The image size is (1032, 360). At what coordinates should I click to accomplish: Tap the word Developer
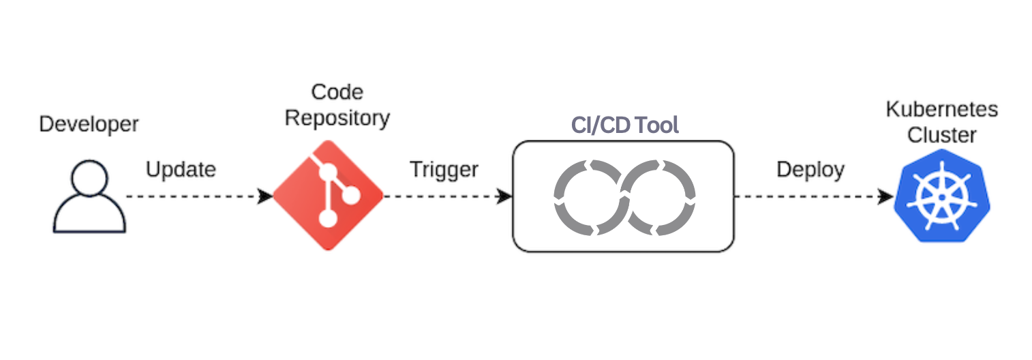89,124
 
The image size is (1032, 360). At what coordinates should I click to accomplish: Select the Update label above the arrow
181,169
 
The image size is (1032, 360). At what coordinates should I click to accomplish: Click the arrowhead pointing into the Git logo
267,196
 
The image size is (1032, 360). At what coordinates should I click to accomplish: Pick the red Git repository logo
328,195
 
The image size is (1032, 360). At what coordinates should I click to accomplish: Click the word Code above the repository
337,92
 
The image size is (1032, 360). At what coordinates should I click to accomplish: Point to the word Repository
337,118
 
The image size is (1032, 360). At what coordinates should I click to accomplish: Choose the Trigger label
444,169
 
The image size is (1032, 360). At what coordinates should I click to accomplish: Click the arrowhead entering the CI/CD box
505,196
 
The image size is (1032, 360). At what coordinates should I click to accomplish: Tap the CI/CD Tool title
624,125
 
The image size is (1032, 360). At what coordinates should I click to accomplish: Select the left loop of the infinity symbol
588,196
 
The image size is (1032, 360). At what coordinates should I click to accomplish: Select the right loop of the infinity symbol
661,196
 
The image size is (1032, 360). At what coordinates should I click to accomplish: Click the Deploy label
810,169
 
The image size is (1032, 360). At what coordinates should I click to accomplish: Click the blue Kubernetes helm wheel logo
941,196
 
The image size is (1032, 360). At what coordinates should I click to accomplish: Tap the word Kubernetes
941,109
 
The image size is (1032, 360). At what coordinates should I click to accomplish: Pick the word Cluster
941,135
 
